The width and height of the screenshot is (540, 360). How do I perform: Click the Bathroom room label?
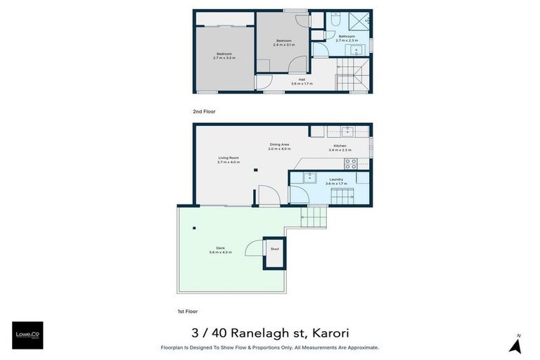coord(347,36)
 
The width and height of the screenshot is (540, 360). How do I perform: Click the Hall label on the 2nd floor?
coord(302,79)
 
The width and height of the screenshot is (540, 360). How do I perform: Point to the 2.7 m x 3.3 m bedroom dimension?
coord(224,58)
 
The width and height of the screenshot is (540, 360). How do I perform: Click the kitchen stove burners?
coord(351,163)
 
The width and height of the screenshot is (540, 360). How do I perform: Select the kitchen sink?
coord(347,131)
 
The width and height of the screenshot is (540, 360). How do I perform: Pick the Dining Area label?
coord(279,145)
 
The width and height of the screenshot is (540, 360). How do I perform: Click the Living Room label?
coord(229,157)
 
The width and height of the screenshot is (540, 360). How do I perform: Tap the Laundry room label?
coord(336,179)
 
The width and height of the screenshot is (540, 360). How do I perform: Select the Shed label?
coord(274,249)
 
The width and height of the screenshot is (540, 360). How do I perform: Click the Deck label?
coord(220,248)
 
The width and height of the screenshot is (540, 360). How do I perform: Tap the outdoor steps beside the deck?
coord(314,217)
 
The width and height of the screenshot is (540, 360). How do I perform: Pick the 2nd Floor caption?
coord(204,111)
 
